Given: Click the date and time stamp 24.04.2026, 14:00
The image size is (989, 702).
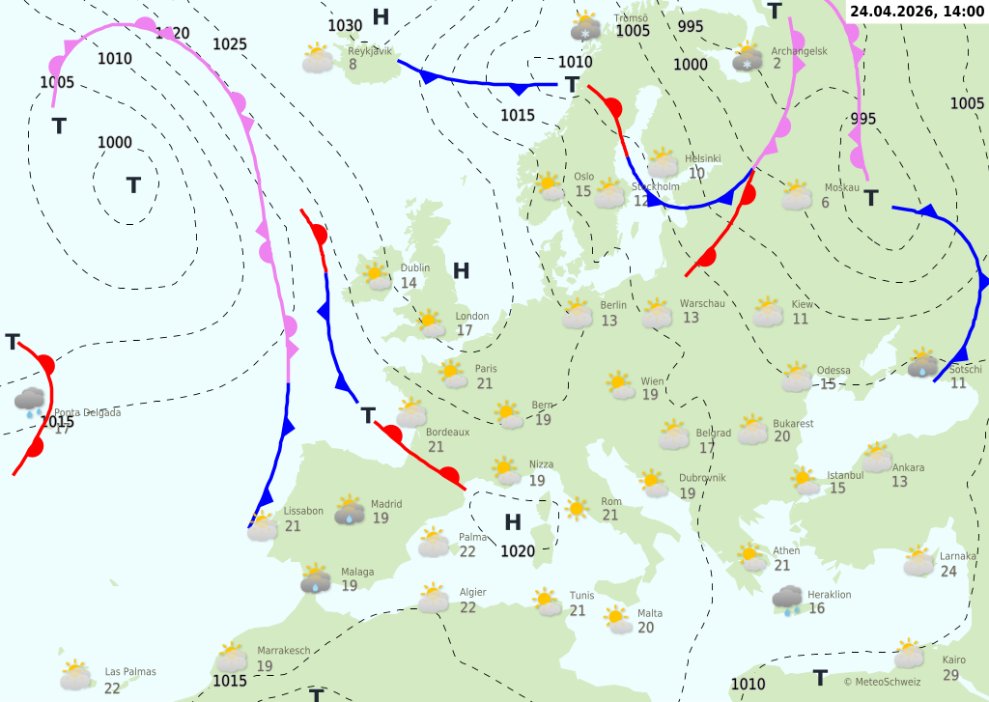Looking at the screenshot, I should (x=918, y=11).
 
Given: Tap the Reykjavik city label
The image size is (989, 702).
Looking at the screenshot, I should (x=370, y=51).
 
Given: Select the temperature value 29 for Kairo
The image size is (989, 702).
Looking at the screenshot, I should (x=951, y=675).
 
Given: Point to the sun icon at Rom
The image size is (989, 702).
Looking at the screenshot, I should (x=578, y=508).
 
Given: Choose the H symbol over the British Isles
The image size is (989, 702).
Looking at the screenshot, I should (x=461, y=271).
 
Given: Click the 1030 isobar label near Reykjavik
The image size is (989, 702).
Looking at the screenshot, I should (x=345, y=26).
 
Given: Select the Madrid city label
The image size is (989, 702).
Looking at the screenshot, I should (x=386, y=504).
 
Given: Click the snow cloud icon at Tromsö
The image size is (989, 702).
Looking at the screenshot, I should (x=586, y=27).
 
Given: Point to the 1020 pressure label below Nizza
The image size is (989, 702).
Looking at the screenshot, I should (x=518, y=551).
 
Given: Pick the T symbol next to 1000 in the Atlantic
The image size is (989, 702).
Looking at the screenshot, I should (x=133, y=184).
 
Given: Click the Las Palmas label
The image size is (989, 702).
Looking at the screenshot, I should (x=130, y=672).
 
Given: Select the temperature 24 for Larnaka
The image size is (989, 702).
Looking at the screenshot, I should (x=948, y=572).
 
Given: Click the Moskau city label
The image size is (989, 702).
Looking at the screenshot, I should (x=841, y=188).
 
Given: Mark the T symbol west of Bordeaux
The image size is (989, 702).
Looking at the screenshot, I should (x=368, y=416).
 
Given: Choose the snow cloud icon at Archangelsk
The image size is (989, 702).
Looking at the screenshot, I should (x=747, y=57).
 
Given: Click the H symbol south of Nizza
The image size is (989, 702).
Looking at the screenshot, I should (x=513, y=523).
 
